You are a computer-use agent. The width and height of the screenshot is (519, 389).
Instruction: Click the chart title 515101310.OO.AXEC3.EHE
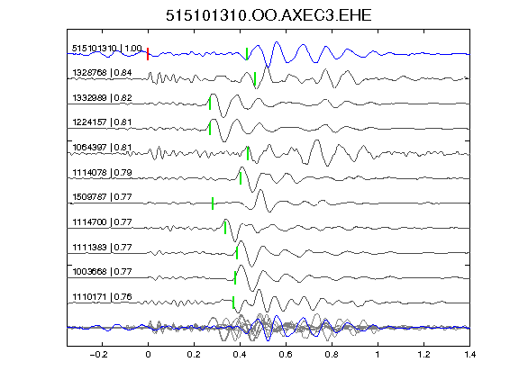pos(269,15)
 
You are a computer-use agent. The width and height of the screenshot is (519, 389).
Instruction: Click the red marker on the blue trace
pos(148,54)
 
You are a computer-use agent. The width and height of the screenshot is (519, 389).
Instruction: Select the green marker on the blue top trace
pos(247,54)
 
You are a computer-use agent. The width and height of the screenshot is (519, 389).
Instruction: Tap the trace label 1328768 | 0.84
pos(102,72)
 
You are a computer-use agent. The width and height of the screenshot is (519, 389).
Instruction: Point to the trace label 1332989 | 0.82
pos(102,97)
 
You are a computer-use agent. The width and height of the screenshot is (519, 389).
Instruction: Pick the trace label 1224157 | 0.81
pos(102,122)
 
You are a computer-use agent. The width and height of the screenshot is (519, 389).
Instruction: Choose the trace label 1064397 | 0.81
pos(102,147)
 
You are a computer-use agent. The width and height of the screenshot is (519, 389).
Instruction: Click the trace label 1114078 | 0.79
pos(102,172)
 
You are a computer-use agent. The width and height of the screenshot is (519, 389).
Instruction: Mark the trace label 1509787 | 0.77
pos(102,197)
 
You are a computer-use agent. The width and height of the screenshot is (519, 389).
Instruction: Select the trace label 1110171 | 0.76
pos(102,297)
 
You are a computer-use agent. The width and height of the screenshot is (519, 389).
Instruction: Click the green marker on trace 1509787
pos(213,204)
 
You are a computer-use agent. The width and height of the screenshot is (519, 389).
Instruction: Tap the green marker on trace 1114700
pos(225,228)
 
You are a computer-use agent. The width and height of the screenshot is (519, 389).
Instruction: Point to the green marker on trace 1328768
pos(255,78)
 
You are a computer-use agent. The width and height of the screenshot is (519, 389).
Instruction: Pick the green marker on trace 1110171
pos(233,303)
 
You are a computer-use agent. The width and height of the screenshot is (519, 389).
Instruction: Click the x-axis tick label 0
pos(148,355)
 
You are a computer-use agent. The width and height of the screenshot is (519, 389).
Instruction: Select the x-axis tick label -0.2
pos(99,355)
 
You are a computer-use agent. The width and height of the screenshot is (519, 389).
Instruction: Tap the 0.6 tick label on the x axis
pos(286,355)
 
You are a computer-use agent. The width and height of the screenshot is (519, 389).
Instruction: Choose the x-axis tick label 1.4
pos(470,355)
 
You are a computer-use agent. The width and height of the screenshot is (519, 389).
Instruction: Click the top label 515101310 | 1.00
pos(107,49)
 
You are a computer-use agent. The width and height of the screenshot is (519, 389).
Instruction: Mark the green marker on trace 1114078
pos(241,178)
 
